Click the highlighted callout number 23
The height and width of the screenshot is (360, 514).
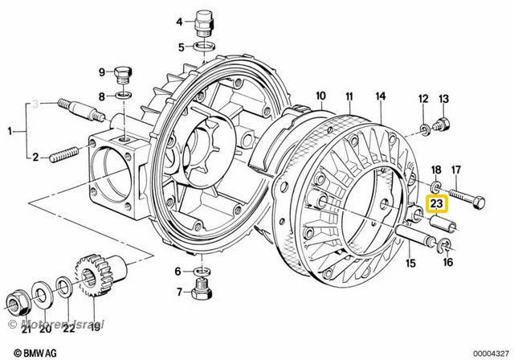[x=438, y=205]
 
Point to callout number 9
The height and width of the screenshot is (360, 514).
[x=102, y=72]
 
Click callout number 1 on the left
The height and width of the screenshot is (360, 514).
[x=10, y=131]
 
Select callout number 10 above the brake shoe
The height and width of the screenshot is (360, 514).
[x=320, y=98]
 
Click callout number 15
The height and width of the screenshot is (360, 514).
[x=410, y=263]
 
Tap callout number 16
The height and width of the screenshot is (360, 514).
[x=448, y=262]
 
